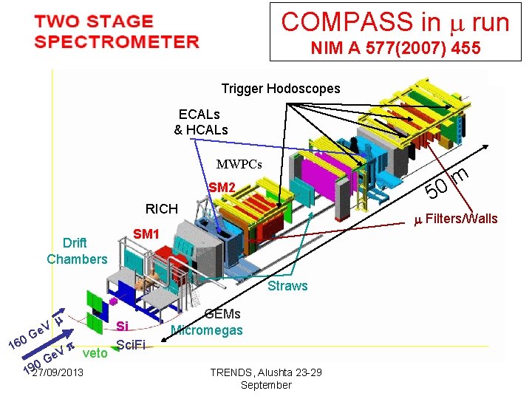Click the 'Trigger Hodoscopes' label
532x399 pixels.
281,89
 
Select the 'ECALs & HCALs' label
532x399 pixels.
201,123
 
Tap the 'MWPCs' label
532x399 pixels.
239,164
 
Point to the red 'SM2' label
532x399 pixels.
222,188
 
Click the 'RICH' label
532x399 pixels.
161,209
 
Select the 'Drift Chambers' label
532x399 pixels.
77,251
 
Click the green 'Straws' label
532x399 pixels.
287,286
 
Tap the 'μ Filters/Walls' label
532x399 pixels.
455,219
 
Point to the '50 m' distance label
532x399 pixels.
448,184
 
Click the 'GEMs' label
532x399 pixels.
222,315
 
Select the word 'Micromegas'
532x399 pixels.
207,330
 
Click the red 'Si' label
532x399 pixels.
123,326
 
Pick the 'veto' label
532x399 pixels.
96,353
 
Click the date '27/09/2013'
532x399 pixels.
58,373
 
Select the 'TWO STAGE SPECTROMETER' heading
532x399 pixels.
116,32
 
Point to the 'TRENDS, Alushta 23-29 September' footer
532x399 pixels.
266,378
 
